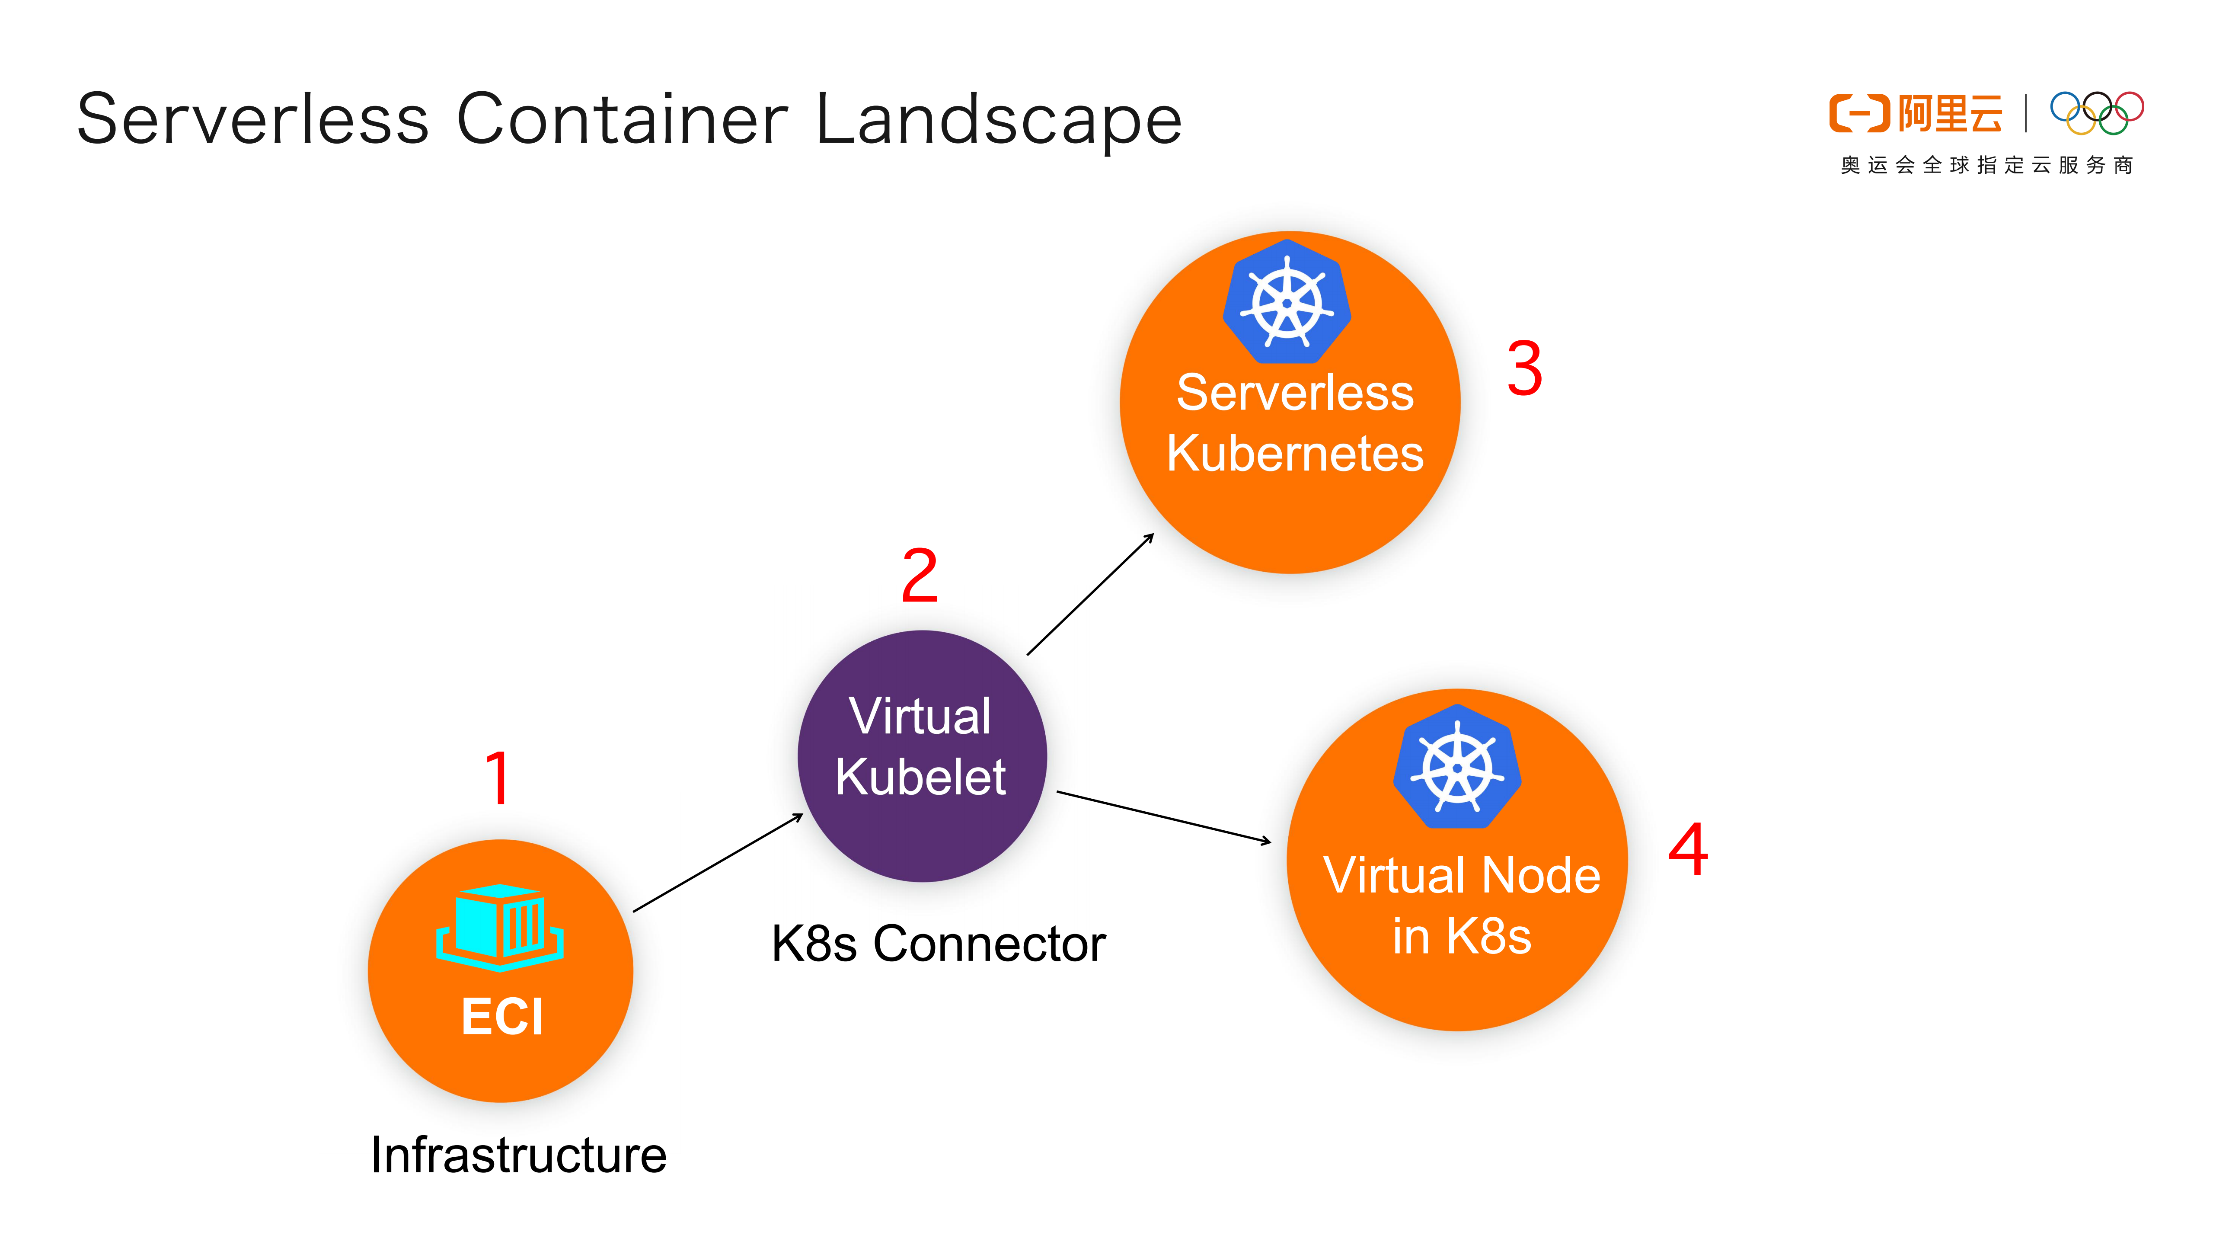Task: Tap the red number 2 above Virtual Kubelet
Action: coord(919,576)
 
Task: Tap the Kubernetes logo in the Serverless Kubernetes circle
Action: coord(1287,302)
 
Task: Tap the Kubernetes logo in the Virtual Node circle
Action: coord(1457,767)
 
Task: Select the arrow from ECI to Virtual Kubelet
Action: coord(718,863)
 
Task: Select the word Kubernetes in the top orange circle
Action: coord(1295,454)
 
